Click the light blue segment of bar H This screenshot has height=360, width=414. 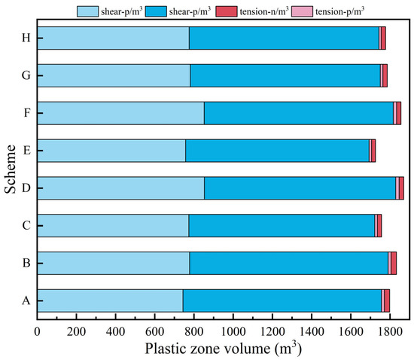pyautogui.click(x=113, y=38)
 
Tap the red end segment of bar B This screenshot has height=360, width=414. pyautogui.click(x=393, y=263)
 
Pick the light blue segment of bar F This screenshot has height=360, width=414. pyautogui.click(x=120, y=113)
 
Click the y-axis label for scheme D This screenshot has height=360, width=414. pyautogui.click(x=26, y=188)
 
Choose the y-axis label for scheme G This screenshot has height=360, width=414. pyautogui.click(x=26, y=75)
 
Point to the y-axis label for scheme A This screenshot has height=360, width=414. pyautogui.click(x=26, y=301)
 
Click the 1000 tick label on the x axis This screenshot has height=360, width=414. pyautogui.click(x=233, y=331)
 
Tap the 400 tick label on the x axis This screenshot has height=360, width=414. pyautogui.click(x=115, y=331)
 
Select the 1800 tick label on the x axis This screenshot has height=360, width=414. pyautogui.click(x=389, y=331)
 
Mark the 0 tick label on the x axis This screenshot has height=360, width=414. pyautogui.click(x=37, y=331)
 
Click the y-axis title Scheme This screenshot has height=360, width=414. pyautogui.click(x=10, y=169)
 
